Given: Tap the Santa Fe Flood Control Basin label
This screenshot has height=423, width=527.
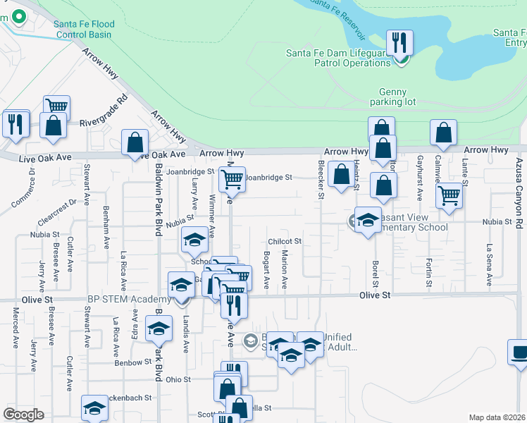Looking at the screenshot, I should coord(84,29).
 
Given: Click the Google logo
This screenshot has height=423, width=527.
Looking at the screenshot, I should coord(24,415).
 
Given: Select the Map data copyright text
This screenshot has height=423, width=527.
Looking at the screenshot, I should coord(497,417).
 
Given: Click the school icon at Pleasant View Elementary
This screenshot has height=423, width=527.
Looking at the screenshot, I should coord(367,220).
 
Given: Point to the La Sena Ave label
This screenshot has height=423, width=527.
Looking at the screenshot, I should coord(488,260).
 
